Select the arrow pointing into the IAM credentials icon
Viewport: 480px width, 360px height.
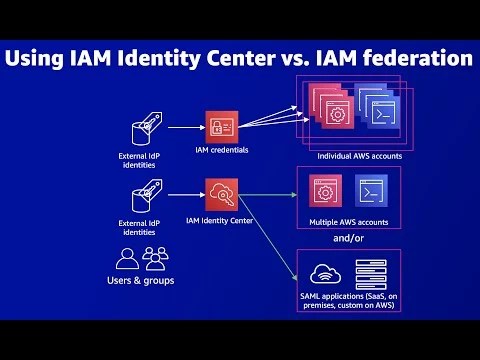coord(186,127)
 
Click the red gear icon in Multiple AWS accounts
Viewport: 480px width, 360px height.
coord(322,190)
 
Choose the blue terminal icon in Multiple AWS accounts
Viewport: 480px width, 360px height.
coord(371,190)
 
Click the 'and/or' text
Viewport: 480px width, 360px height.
coord(350,240)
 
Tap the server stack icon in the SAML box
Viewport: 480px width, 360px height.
coord(371,273)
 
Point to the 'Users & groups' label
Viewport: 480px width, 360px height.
coord(140,281)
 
